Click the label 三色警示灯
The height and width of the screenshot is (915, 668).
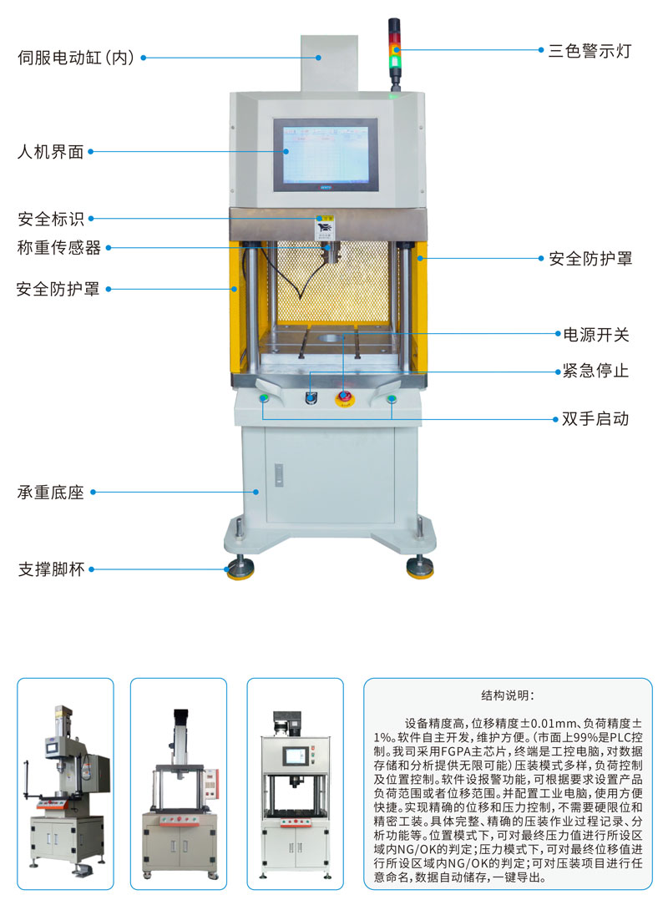pyautogui.click(x=590, y=51)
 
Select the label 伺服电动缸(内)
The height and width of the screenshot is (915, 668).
pyautogui.click(x=77, y=58)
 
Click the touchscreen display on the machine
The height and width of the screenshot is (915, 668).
pyautogui.click(x=326, y=154)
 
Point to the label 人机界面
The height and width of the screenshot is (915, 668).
pyautogui.click(x=51, y=152)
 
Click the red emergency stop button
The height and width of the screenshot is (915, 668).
pyautogui.click(x=344, y=398)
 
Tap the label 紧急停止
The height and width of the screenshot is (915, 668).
pyautogui.click(x=595, y=371)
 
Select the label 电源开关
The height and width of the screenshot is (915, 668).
pyautogui.click(x=595, y=335)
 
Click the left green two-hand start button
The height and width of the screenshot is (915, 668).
pyautogui.click(x=264, y=398)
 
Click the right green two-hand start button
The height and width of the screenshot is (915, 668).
pyautogui.click(x=392, y=399)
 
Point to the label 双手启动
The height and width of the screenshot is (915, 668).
pyautogui.click(x=595, y=418)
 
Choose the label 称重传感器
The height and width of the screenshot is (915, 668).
pyautogui.click(x=59, y=247)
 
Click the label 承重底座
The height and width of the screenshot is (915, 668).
pyautogui.click(x=51, y=493)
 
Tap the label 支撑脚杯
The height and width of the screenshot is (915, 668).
pyautogui.click(x=51, y=569)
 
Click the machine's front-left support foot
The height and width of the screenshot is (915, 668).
pyautogui.click(x=240, y=567)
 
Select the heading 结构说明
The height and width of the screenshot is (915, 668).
pyautogui.click(x=507, y=695)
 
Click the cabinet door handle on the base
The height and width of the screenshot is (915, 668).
pyautogui.click(x=279, y=474)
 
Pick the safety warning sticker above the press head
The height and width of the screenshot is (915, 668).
pyautogui.click(x=324, y=227)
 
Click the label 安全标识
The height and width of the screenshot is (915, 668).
pyautogui.click(x=51, y=219)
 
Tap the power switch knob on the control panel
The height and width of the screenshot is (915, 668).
pyautogui.click(x=310, y=398)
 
